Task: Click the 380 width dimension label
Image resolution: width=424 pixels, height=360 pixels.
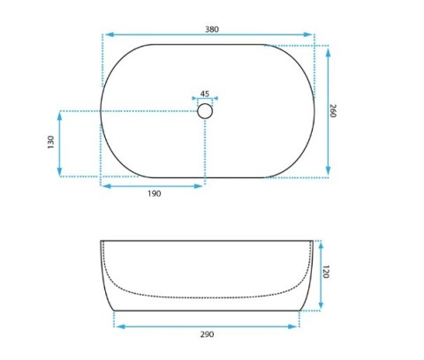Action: pyautogui.click(x=212, y=29)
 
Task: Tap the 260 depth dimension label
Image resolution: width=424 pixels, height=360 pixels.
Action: pyautogui.click(x=333, y=110)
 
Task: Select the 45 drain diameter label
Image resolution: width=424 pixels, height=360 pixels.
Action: pyautogui.click(x=205, y=94)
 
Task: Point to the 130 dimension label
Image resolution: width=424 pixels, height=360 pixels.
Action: pyautogui.click(x=50, y=142)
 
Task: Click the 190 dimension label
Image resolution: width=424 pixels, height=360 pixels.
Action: pyautogui.click(x=155, y=193)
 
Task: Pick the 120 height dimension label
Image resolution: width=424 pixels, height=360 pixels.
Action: pyautogui.click(x=326, y=272)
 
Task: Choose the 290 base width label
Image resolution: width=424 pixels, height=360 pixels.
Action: pyautogui.click(x=207, y=334)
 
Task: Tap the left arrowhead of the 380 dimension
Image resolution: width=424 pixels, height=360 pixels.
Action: pyautogui.click(x=110, y=34)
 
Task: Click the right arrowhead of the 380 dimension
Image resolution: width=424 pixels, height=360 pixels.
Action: pyautogui.click(x=307, y=34)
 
